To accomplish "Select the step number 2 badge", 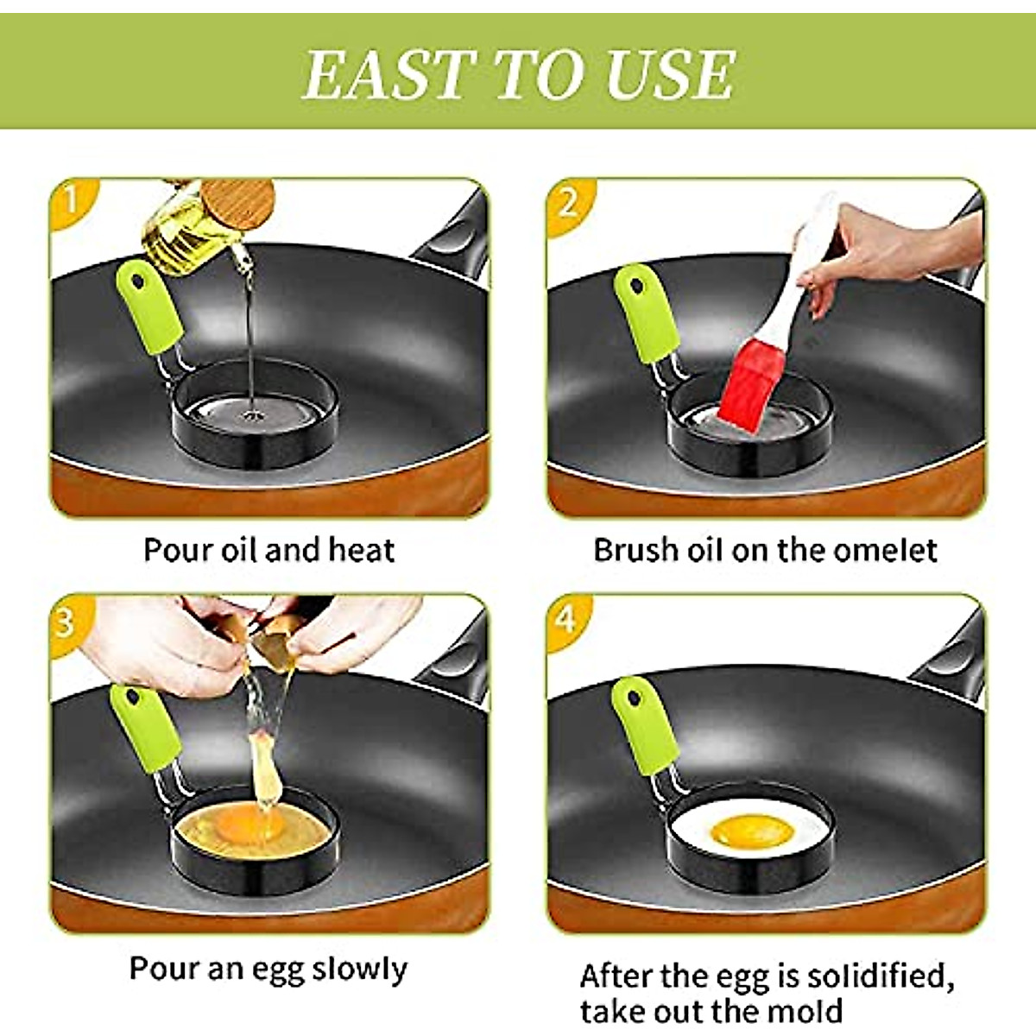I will (x=567, y=204).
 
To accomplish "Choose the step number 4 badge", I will (x=565, y=618).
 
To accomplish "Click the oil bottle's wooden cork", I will (x=237, y=202).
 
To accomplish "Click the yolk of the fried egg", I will (x=751, y=832).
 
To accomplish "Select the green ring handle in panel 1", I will (x=148, y=308).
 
